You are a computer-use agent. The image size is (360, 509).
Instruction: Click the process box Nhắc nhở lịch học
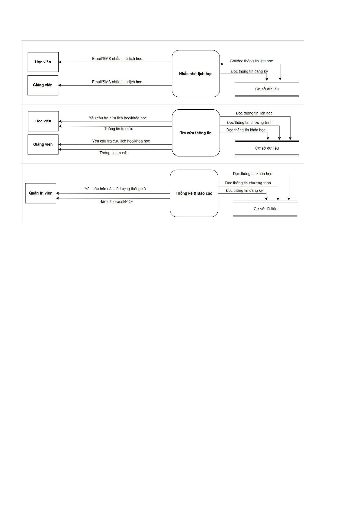click(x=196, y=74)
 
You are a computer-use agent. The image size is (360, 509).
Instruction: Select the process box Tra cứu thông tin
click(x=196, y=133)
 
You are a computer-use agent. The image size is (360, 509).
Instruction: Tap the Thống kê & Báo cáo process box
click(x=194, y=193)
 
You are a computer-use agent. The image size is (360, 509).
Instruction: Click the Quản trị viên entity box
click(x=41, y=193)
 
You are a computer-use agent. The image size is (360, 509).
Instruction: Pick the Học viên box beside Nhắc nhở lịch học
click(x=43, y=62)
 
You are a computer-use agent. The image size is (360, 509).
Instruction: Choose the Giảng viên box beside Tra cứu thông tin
click(x=43, y=144)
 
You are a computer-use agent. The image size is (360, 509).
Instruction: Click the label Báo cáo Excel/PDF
click(x=116, y=201)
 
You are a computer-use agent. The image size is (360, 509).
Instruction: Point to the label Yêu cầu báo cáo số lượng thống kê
click(x=115, y=189)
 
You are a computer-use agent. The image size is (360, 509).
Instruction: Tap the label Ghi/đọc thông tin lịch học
click(x=252, y=61)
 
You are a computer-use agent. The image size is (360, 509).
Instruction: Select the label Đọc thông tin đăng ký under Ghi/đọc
click(x=249, y=71)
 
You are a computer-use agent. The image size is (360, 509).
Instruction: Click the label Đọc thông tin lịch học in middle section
click(x=254, y=113)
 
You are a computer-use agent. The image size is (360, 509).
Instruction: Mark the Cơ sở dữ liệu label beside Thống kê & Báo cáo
click(x=265, y=209)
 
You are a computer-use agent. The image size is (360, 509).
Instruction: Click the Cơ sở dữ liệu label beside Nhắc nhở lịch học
click(x=267, y=89)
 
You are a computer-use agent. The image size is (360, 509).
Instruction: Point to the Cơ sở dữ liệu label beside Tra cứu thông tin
click(x=267, y=148)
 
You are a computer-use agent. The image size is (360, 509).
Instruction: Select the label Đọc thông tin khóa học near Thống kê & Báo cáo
click(x=252, y=174)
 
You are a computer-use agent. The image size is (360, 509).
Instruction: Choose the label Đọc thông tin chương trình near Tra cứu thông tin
click(x=249, y=123)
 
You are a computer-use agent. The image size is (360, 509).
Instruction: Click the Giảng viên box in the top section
click(x=43, y=85)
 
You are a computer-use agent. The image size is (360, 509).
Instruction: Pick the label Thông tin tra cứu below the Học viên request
click(x=119, y=129)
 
